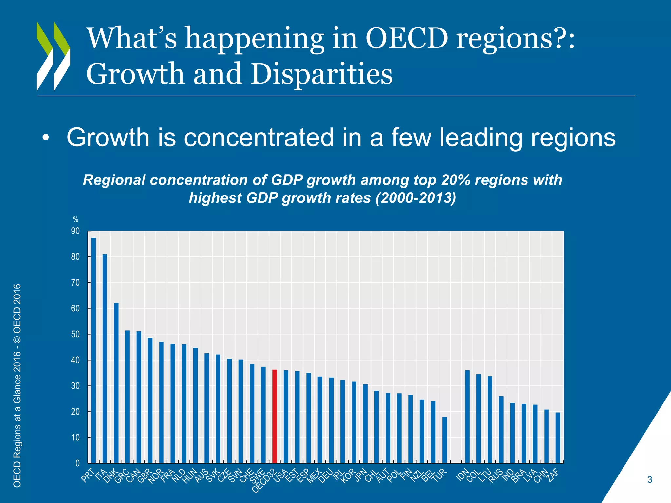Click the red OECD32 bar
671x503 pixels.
[275, 416]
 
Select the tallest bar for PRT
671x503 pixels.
[93, 350]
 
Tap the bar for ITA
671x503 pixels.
[105, 359]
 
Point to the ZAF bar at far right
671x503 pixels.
[558, 438]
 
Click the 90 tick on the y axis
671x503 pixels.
[76, 231]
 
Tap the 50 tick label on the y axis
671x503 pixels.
[76, 334]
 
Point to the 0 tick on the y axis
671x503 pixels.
[77, 463]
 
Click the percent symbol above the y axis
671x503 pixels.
[76, 220]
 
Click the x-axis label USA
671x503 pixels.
[281, 475]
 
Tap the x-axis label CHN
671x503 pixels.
[541, 475]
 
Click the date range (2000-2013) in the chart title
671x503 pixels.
[416, 198]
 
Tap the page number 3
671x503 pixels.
[650, 480]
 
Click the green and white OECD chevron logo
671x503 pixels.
[53, 56]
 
